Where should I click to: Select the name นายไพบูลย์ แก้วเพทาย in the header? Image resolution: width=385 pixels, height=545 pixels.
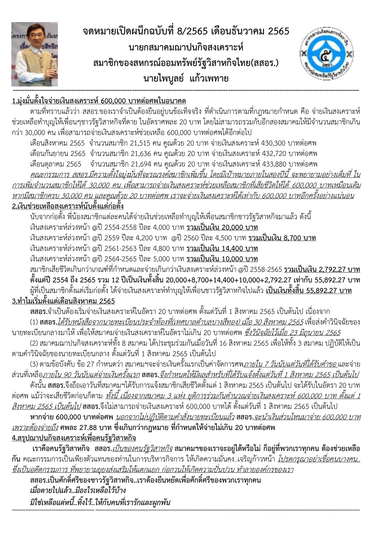click(x=186, y=78)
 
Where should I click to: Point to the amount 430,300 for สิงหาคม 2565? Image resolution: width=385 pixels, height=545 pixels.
click(x=273, y=143)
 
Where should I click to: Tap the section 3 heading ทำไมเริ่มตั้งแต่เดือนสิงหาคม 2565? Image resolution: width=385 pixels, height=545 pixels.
click(x=63, y=301)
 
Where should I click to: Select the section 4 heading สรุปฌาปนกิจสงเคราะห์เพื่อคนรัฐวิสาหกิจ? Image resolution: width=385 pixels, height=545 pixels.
click(x=74, y=438)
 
